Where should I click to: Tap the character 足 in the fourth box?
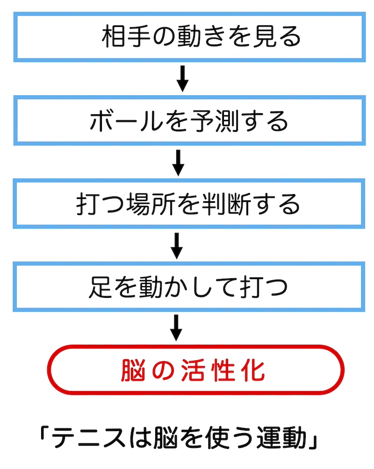coord(99,288)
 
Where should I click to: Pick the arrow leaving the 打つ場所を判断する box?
coord(176,246)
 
